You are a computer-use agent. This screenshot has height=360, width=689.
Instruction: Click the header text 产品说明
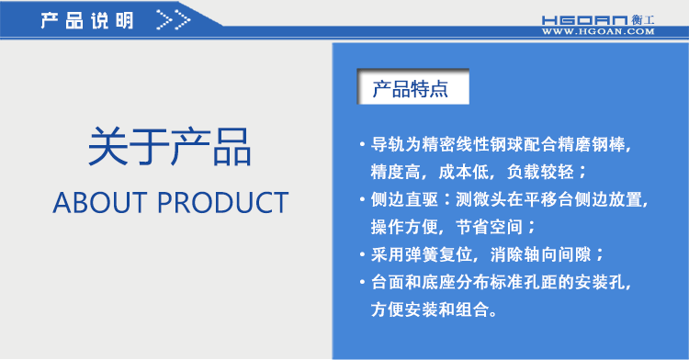(x=86, y=19)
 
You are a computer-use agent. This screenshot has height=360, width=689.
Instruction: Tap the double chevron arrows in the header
(x=174, y=19)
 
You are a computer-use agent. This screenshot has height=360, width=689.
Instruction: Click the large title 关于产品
(x=170, y=147)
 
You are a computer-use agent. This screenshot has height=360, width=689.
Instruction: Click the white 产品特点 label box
(x=411, y=89)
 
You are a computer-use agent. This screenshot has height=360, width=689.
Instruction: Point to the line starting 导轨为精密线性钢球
(x=502, y=144)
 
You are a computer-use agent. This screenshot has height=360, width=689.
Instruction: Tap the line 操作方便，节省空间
(x=453, y=226)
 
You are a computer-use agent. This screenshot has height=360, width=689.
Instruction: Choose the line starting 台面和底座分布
(x=502, y=281)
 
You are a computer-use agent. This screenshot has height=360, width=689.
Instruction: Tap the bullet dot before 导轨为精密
(x=362, y=145)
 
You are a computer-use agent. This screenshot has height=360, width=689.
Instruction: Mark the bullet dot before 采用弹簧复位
(x=362, y=254)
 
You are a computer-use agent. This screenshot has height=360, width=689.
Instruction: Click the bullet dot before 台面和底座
(x=362, y=282)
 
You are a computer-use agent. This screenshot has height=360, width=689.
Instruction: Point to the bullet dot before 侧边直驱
(x=362, y=199)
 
